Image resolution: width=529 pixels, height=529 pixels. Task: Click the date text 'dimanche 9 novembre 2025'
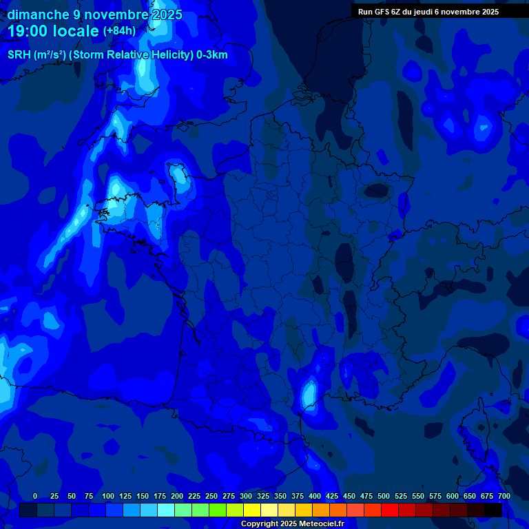pyautogui.click(x=95, y=14)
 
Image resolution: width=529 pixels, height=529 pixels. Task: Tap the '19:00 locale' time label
pyautogui.click(x=54, y=31)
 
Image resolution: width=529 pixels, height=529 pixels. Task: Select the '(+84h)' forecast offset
pyautogui.click(x=119, y=31)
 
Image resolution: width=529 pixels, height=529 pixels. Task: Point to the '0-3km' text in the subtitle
pyautogui.click(x=211, y=55)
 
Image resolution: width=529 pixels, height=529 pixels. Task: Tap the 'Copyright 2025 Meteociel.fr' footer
pyautogui.click(x=292, y=523)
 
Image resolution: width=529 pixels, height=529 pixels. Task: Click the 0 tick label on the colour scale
pyautogui.click(x=35, y=496)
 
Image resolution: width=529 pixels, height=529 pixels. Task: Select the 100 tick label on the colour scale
pyautogui.click(x=108, y=496)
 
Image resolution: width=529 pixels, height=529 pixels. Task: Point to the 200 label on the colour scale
pyautogui.click(x=177, y=496)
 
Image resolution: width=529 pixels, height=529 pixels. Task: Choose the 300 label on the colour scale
pyautogui.click(x=246, y=496)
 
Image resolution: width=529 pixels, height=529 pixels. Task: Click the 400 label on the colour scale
pyautogui.click(x=315, y=496)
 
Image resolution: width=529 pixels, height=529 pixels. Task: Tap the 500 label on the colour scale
pyautogui.click(x=384, y=496)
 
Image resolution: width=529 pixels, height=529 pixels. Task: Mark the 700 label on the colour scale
pyautogui.click(x=504, y=496)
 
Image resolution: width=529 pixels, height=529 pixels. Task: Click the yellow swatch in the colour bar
pyautogui.click(x=252, y=510)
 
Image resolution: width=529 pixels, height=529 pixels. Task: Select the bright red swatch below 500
pyautogui.click(x=390, y=510)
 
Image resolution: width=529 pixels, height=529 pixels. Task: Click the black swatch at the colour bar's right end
pyautogui.click(x=493, y=510)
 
